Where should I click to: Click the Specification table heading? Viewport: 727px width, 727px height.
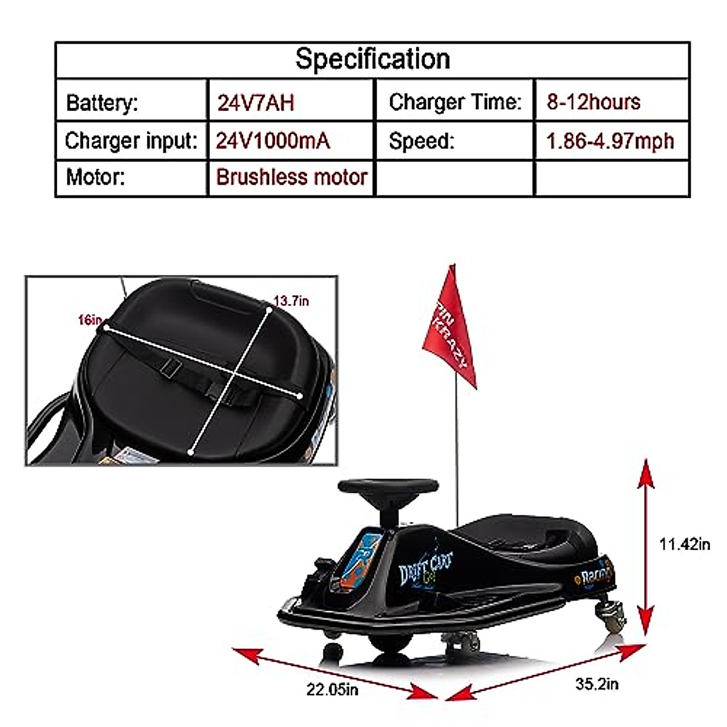(x=373, y=59)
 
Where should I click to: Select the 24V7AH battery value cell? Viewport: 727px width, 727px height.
(x=256, y=102)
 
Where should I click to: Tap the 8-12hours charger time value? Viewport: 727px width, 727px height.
(x=593, y=102)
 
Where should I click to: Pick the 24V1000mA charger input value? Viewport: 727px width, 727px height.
(x=273, y=141)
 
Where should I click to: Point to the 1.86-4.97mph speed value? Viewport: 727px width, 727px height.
(x=610, y=141)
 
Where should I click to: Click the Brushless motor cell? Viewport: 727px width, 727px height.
(x=291, y=177)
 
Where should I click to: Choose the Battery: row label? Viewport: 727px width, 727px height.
(x=102, y=102)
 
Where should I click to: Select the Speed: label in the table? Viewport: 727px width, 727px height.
(x=421, y=141)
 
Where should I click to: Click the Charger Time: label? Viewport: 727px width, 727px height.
(x=455, y=102)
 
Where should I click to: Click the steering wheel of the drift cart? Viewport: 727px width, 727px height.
(x=388, y=486)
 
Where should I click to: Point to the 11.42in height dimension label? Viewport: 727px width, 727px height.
(x=685, y=544)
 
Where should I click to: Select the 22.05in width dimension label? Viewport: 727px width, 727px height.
(x=332, y=689)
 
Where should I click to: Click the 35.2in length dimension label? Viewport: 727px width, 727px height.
(x=597, y=684)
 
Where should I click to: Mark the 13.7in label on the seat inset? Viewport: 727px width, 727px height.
(x=291, y=300)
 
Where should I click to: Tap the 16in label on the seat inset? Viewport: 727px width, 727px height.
(x=90, y=319)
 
